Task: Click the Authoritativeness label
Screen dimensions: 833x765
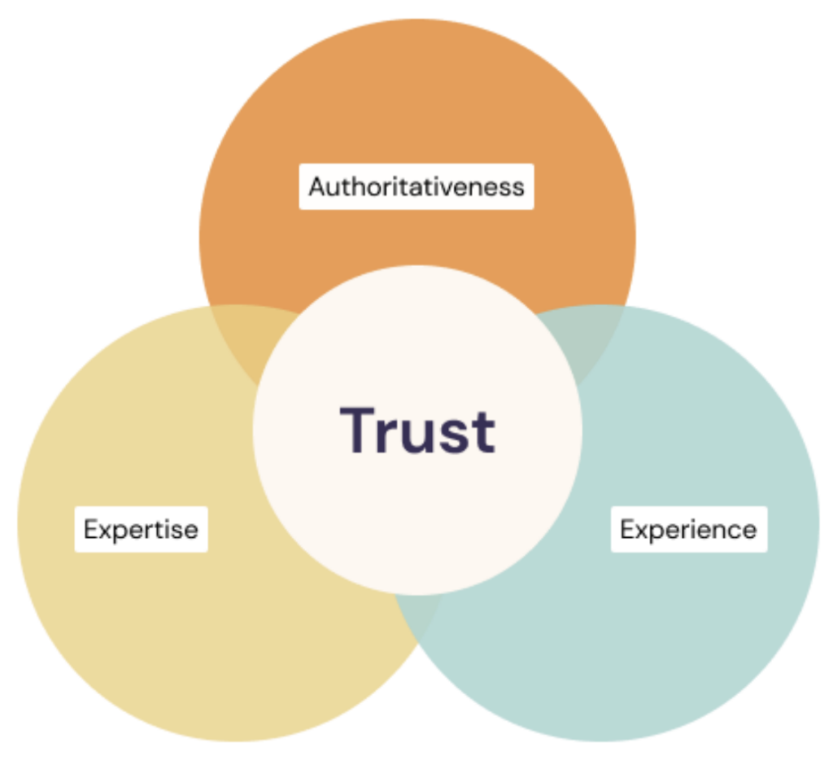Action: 416,186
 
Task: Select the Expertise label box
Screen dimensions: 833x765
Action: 141,529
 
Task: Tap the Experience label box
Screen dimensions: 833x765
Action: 688,529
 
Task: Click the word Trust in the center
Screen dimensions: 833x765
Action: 417,431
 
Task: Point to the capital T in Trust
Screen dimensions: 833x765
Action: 358,430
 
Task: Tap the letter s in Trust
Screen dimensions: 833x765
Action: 457,436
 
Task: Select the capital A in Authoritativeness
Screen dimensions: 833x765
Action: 320,186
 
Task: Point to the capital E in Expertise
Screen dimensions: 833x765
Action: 91,529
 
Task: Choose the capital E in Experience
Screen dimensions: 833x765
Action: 628,529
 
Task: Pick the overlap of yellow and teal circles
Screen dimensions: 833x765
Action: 417,611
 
